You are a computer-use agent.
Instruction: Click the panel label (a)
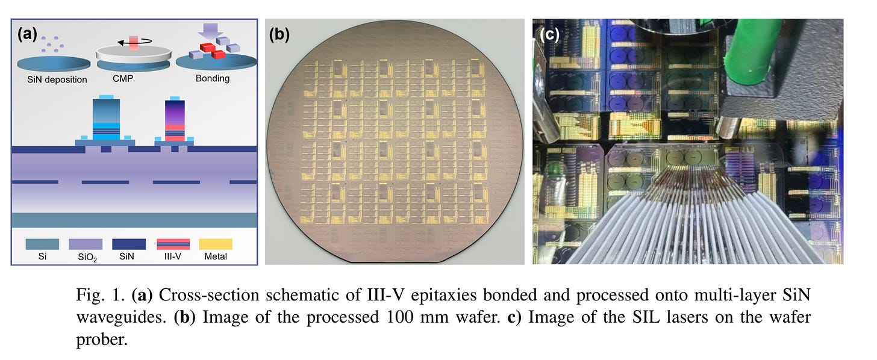28,34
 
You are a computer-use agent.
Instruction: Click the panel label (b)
279,34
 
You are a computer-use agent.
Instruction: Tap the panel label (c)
549,34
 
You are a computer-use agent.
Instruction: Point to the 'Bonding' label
213,79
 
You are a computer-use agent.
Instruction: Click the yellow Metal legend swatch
215,244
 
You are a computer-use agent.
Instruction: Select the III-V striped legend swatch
173,244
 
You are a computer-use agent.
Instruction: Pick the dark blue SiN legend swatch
129,244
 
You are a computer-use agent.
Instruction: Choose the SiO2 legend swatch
85,244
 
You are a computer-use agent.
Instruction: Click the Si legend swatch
42,244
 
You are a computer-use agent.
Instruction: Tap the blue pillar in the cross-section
105,117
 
